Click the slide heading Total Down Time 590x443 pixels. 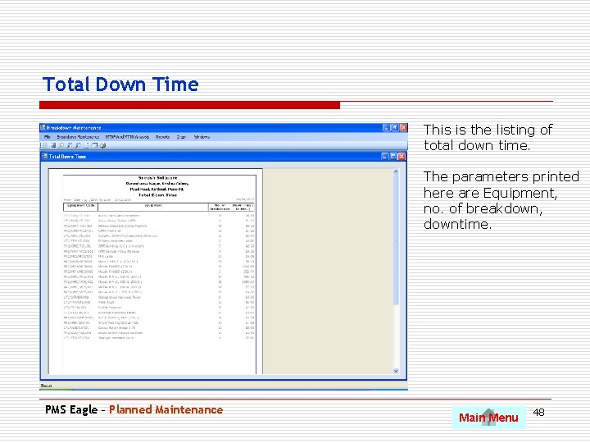pyautogui.click(x=120, y=84)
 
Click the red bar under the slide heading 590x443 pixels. pyautogui.click(x=190, y=105)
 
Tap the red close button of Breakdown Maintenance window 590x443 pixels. pyautogui.click(x=402, y=128)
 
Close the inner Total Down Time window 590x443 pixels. pyautogui.click(x=402, y=156)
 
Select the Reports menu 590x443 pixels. pyautogui.click(x=162, y=137)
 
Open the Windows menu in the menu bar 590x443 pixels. pyautogui.click(x=202, y=137)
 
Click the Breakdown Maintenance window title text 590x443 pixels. pyautogui.click(x=74, y=128)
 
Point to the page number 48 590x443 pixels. pyautogui.click(x=538, y=411)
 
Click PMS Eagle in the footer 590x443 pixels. pyautogui.click(x=71, y=409)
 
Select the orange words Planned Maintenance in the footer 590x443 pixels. pyautogui.click(x=166, y=409)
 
